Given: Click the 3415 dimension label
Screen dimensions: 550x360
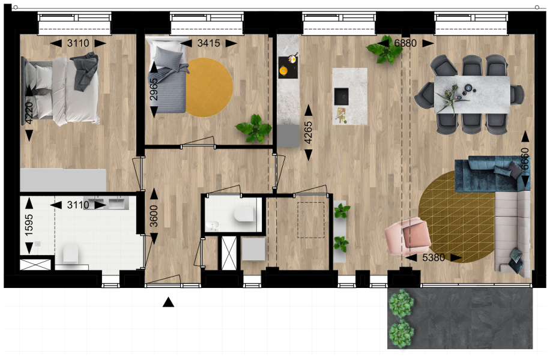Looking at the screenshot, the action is point(209,43).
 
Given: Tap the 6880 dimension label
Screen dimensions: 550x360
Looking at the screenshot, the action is point(405,43).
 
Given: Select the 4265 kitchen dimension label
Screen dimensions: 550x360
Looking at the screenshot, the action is point(308,132).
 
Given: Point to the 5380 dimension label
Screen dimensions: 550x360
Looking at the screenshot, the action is point(434,257).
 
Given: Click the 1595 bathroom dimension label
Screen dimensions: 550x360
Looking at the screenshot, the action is point(29,224).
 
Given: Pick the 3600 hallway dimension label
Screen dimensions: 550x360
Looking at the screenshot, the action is point(154,216).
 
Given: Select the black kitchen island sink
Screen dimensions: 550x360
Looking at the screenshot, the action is point(341,97).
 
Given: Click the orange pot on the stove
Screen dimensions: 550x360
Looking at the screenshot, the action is point(283,71).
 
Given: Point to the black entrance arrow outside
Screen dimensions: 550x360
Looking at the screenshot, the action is point(168,302).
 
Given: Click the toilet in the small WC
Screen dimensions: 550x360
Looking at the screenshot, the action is point(244,214).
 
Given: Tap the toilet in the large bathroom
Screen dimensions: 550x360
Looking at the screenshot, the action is point(71,253).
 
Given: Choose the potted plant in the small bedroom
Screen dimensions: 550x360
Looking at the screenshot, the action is point(254,128).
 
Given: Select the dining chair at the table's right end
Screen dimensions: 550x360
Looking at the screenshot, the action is point(517,94).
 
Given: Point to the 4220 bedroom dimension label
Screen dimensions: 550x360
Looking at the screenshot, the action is point(29,113).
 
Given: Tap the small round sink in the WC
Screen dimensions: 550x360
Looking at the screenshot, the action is point(211,224).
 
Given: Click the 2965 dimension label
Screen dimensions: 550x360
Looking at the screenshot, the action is point(154,89).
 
